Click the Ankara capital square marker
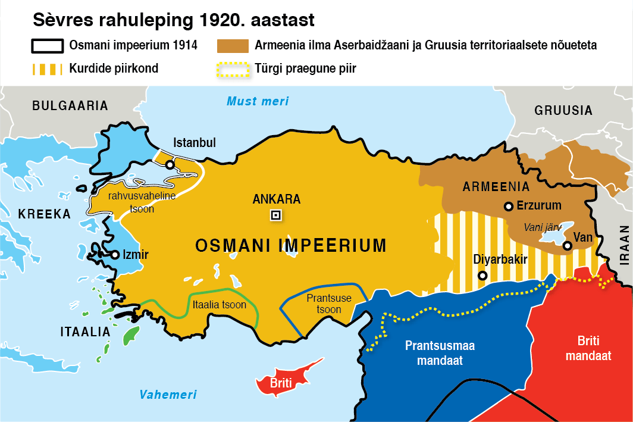tap(275, 215)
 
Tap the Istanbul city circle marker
tap(170, 164)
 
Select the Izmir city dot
tap(115, 255)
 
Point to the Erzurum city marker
tap(508, 207)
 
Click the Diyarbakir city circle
tap(482, 276)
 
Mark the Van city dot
tap(568, 245)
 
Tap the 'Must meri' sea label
tap(258, 101)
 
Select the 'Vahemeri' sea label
tap(168, 395)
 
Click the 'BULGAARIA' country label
tap(70, 106)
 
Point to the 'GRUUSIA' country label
tap(563, 111)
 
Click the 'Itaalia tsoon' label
tap(220, 304)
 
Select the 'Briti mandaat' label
tap(588, 348)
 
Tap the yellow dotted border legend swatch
tap(233, 68)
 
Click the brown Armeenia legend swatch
tap(233, 45)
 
